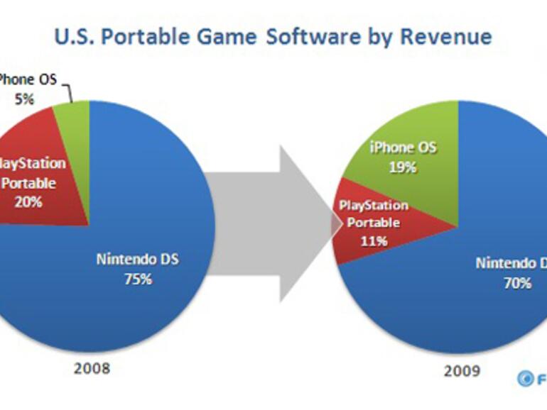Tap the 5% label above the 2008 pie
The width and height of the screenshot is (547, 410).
(24, 99)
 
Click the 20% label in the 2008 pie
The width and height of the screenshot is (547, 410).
(28, 201)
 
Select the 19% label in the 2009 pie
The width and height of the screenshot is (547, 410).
(402, 168)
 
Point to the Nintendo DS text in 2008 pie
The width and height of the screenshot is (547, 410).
(137, 259)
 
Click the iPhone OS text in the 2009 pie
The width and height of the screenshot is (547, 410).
(403, 149)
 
